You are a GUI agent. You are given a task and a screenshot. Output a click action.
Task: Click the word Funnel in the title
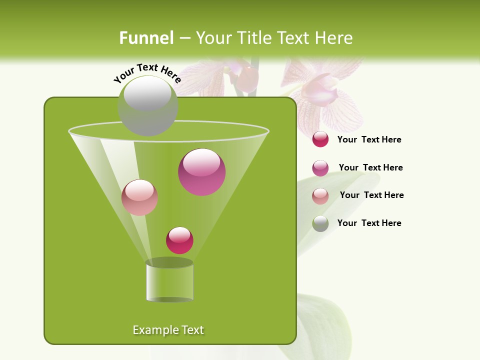(x=146, y=38)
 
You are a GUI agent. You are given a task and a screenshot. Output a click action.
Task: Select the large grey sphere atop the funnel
(x=148, y=105)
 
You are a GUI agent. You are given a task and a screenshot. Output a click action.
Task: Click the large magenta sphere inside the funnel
(x=202, y=172)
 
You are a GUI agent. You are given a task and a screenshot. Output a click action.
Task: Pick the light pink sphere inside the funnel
(x=140, y=197)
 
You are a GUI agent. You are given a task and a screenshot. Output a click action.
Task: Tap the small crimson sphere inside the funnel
(x=180, y=240)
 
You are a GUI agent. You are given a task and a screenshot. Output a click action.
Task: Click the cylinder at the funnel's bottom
(x=169, y=281)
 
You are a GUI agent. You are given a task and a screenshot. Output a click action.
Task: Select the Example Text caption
(x=168, y=330)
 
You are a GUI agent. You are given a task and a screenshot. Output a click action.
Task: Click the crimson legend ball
(x=320, y=139)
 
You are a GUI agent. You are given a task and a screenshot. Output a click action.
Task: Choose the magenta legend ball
(x=320, y=168)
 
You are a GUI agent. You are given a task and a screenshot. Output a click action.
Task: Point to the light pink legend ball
(x=320, y=196)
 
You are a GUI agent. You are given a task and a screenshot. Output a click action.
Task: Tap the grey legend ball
(x=320, y=223)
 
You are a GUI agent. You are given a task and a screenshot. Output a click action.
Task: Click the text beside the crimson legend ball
(x=369, y=140)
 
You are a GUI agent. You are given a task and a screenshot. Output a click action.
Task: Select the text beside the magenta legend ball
(x=370, y=168)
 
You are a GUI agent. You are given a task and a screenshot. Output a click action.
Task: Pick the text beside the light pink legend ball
(x=371, y=195)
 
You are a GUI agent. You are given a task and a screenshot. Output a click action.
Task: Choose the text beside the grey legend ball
(x=369, y=223)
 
